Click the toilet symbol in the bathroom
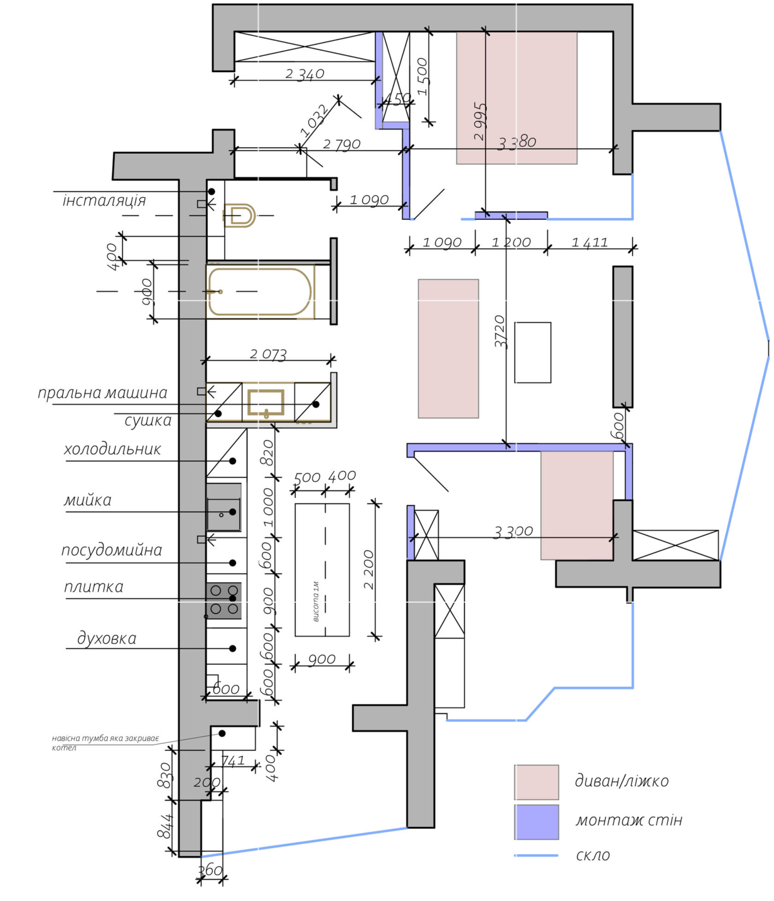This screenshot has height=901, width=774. pos(240,215)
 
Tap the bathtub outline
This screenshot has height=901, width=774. pos(260,292)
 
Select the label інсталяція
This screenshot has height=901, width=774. pos(104,200)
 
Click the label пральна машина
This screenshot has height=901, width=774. pos(102,393)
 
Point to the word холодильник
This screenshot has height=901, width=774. pos(112,450)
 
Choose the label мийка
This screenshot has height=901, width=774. pos(88,500)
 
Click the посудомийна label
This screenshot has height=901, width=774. pos(112,550)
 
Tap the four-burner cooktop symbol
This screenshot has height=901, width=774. pos(224,600)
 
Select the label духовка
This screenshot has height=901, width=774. pos(107,639)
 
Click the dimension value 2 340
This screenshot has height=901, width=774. pos(304,74)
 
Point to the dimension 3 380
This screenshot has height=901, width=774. pos(517,143)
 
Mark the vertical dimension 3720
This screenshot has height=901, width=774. pos(500,332)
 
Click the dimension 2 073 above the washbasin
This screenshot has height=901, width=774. pos(268,354)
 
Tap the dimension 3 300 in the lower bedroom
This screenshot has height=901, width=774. pos(513,532)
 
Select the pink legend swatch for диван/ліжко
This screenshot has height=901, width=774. pos(536,782)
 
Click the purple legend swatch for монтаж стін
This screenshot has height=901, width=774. pos(536,822)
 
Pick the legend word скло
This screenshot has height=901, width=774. pos(593,855)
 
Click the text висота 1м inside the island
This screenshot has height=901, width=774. pos(316,602)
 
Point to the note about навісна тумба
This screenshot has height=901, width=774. pos(105,742)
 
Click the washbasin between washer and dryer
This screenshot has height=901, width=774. pos(266,403)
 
